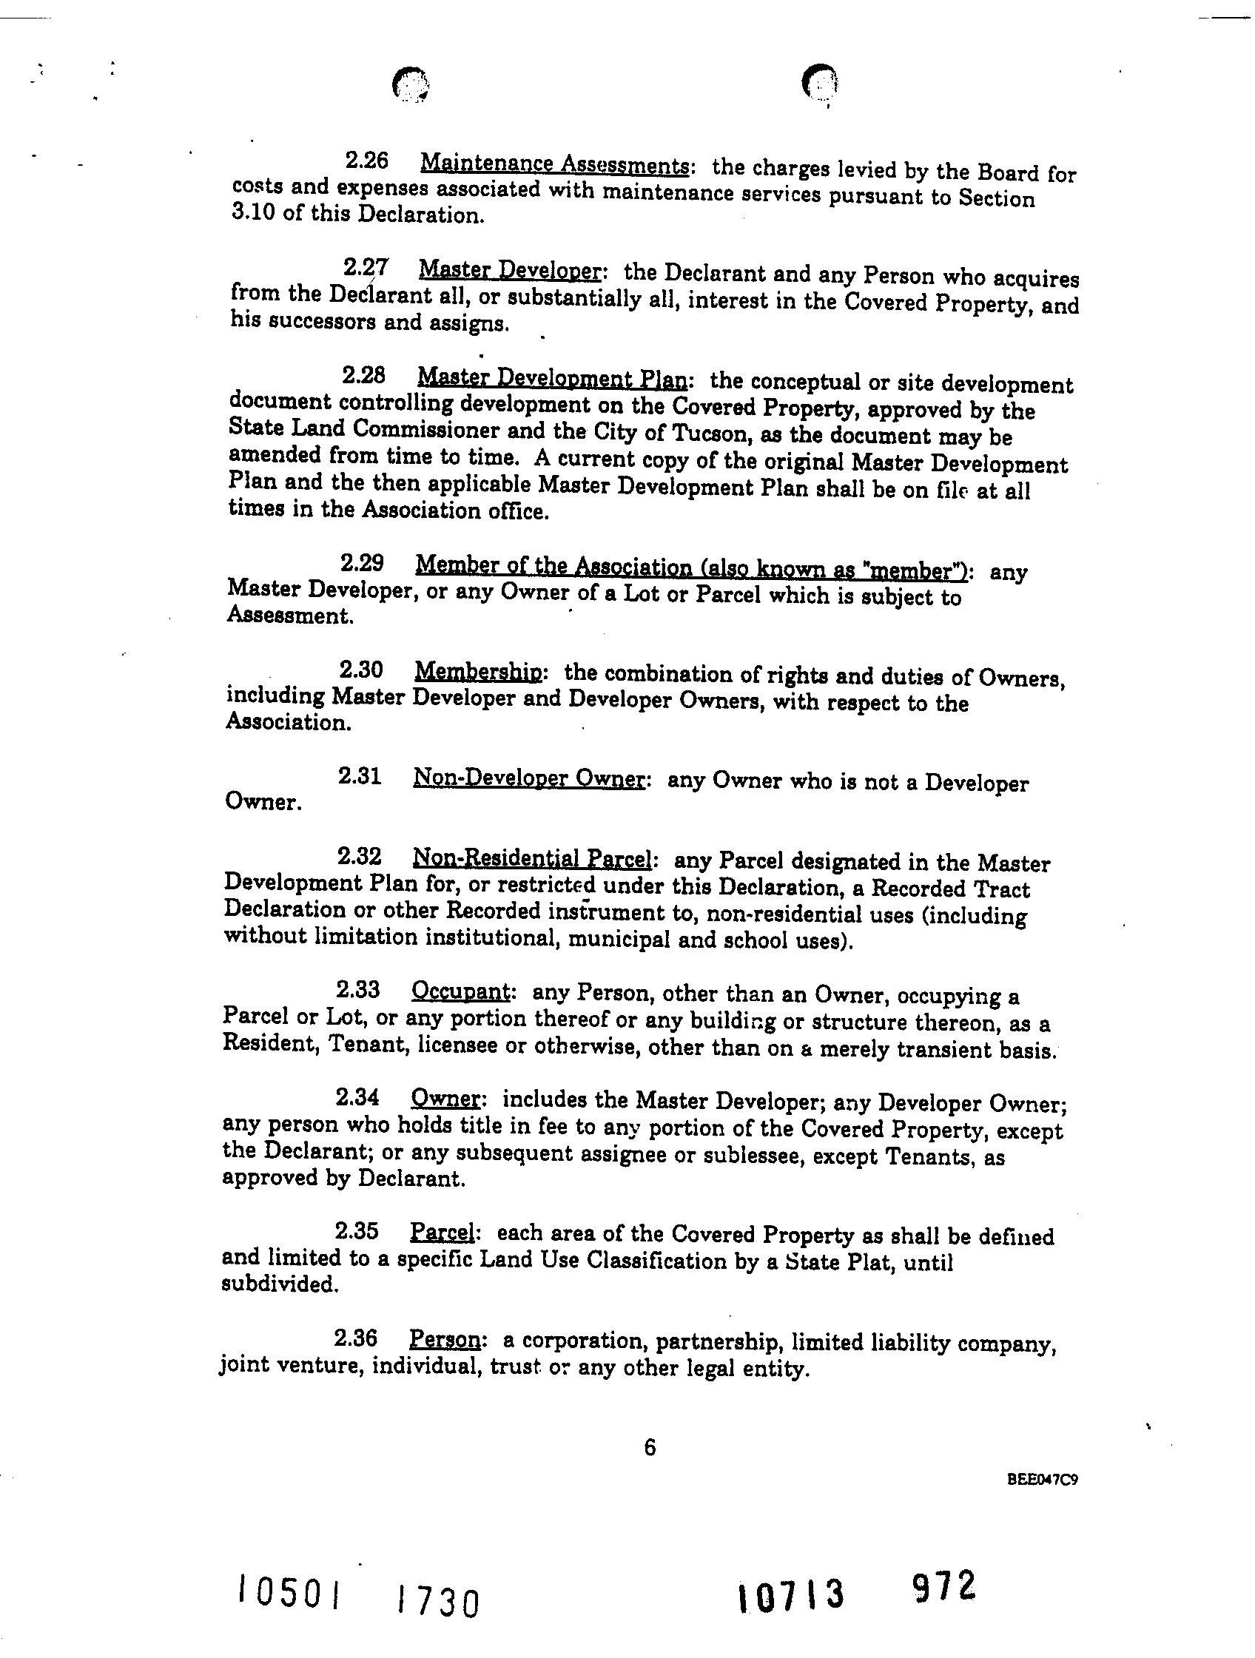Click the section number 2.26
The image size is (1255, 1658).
tap(366, 161)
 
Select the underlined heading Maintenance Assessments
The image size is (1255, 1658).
tap(554, 164)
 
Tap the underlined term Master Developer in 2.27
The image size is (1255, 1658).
tap(509, 270)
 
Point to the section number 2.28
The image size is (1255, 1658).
tap(363, 375)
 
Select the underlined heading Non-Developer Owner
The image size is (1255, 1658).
tap(528, 779)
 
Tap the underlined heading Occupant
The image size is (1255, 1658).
tap(460, 991)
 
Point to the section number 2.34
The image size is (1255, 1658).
tap(357, 1098)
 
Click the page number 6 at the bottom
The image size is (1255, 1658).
tap(649, 1448)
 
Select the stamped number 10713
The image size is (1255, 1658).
tap(790, 1595)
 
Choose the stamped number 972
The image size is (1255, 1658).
tap(944, 1586)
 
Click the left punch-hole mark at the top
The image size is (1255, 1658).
tap(410, 84)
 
